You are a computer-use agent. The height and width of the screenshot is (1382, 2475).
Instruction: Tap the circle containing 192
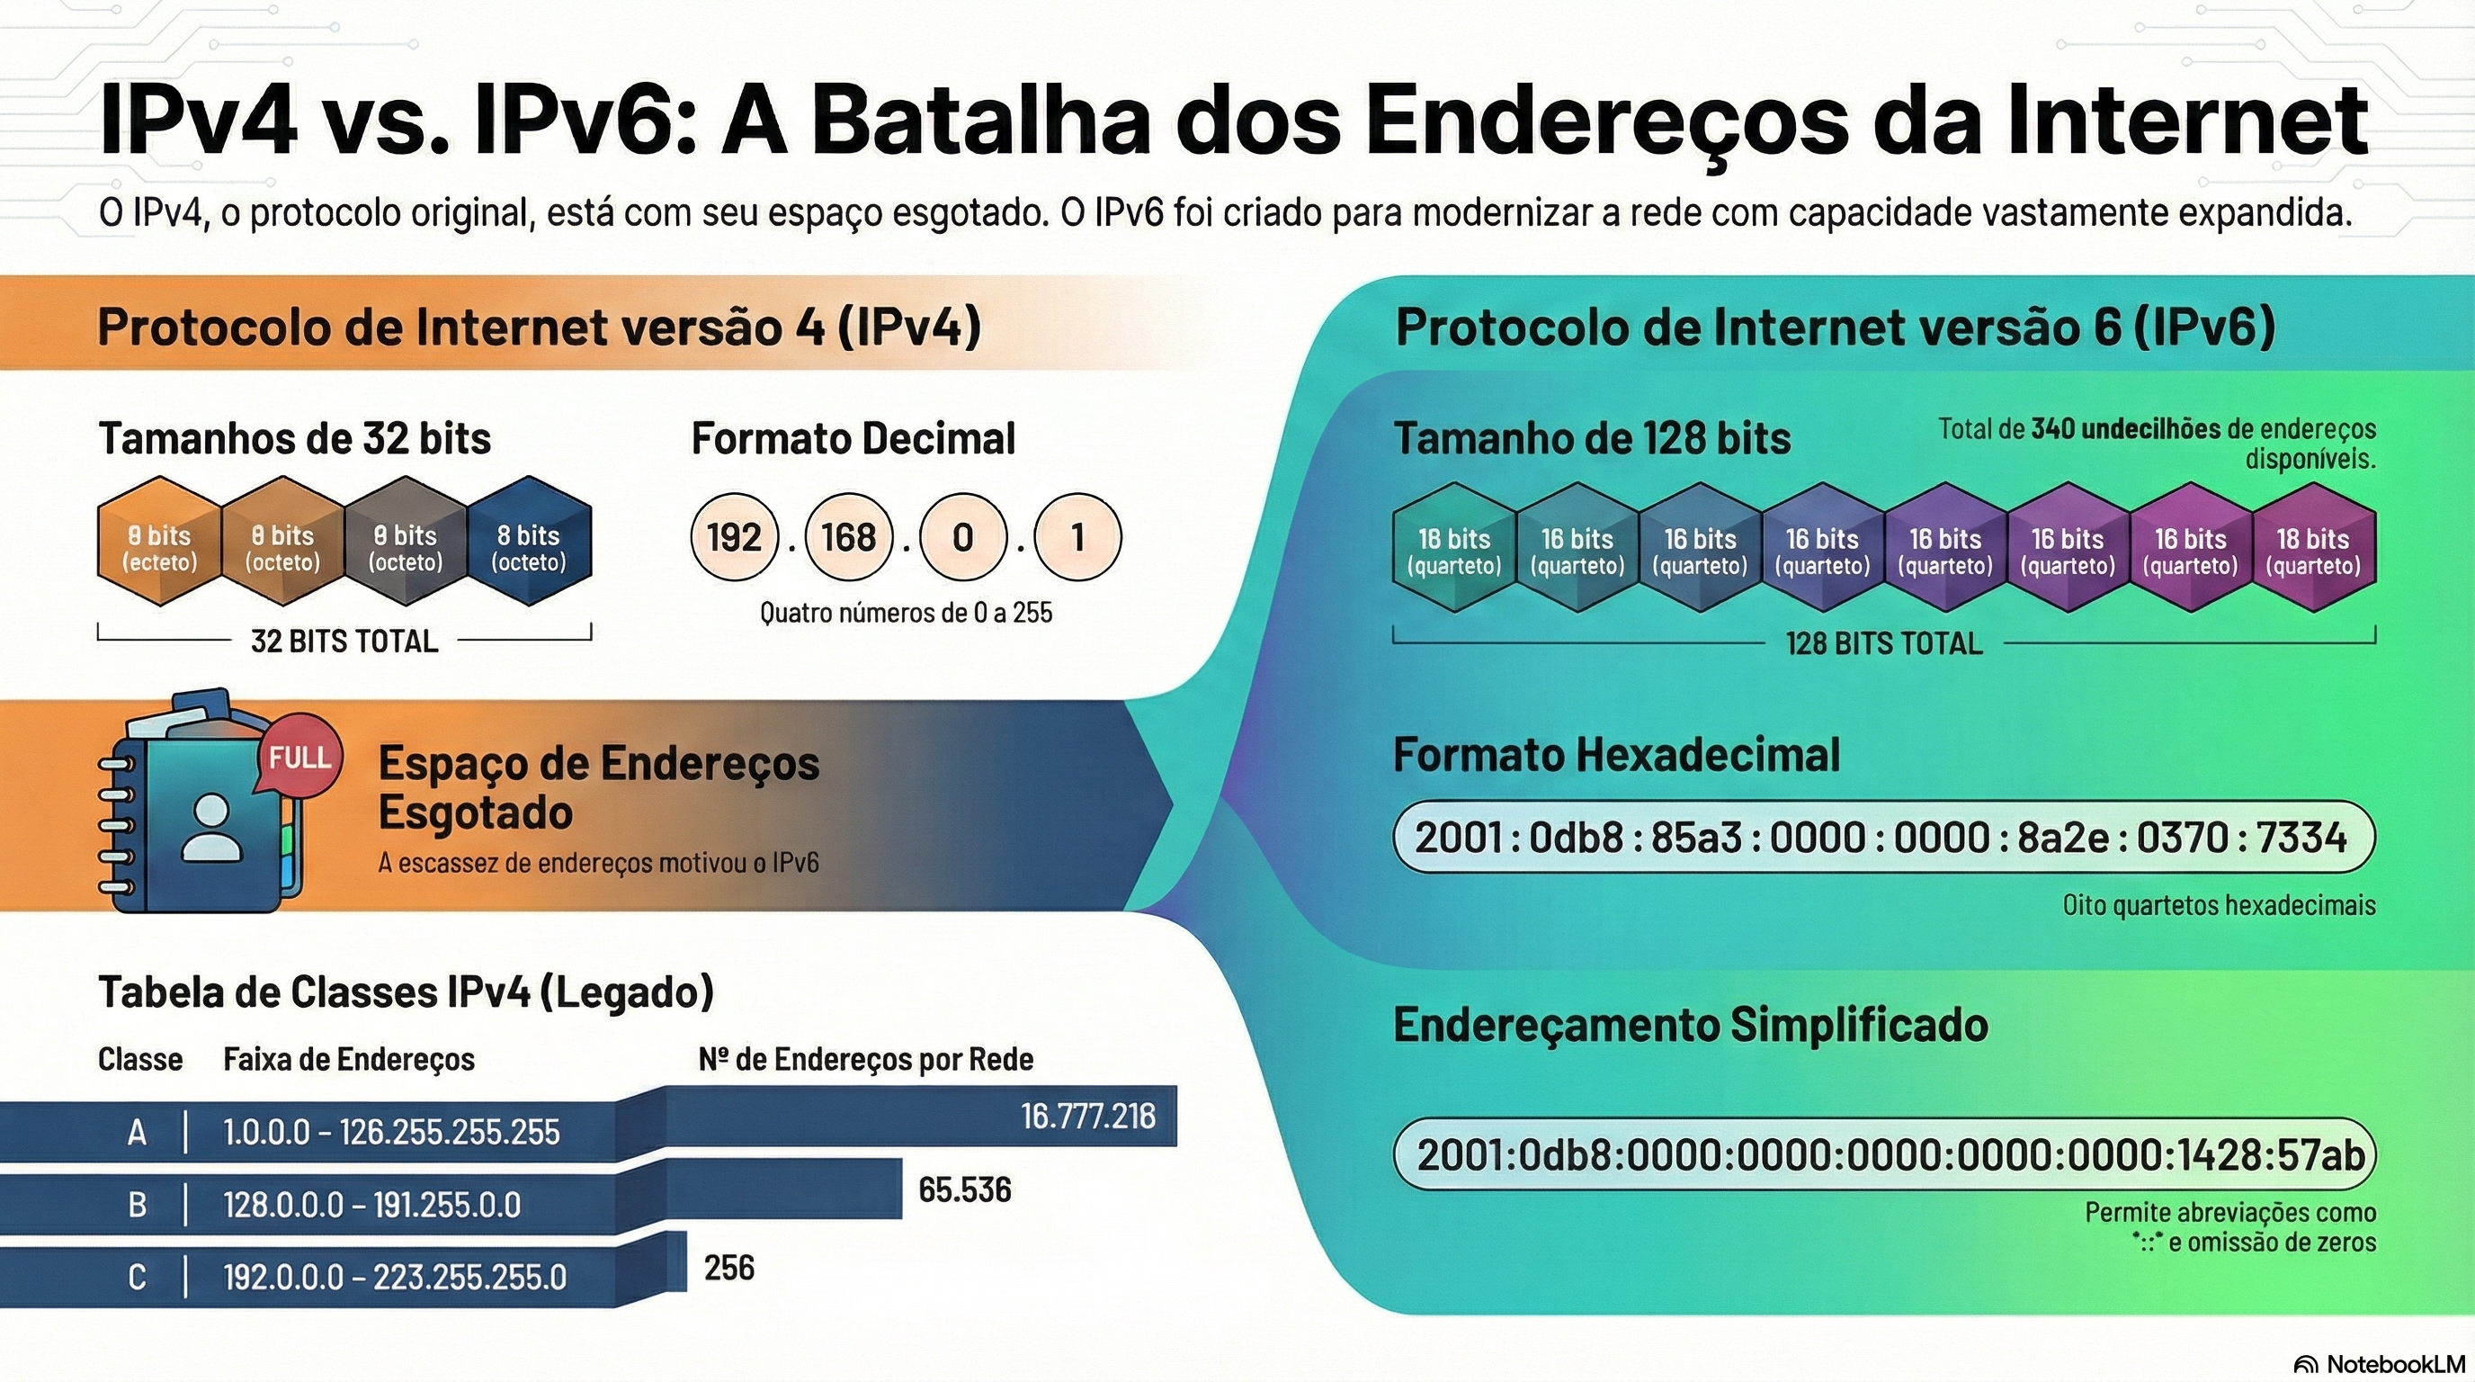tap(735, 537)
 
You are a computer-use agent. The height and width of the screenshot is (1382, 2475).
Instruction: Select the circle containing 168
tap(849, 537)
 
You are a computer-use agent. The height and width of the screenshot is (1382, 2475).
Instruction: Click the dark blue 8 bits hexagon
tap(531, 541)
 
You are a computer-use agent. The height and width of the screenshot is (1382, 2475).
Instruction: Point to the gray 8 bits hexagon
tap(407, 541)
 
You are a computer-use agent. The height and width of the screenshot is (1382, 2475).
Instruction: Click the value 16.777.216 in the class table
tap(1087, 1116)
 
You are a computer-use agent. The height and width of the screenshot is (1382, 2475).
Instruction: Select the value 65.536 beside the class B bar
tap(965, 1189)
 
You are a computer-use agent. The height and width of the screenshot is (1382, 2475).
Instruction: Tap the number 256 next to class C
tap(729, 1268)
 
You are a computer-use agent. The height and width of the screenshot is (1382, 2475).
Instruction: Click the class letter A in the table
tap(138, 1132)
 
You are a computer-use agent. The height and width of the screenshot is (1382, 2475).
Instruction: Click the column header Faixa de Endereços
tap(349, 1059)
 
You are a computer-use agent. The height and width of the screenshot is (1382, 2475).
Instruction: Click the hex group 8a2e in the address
tap(2064, 837)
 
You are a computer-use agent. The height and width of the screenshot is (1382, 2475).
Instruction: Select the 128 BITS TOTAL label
tap(1884, 643)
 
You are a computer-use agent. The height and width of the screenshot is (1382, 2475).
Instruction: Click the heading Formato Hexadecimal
tap(1617, 754)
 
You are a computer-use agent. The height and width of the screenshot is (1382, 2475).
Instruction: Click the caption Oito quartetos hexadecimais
tap(2220, 905)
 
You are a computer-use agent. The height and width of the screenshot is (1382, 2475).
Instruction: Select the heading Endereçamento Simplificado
tap(1691, 1025)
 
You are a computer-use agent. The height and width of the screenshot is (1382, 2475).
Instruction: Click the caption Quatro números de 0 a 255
tap(906, 612)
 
